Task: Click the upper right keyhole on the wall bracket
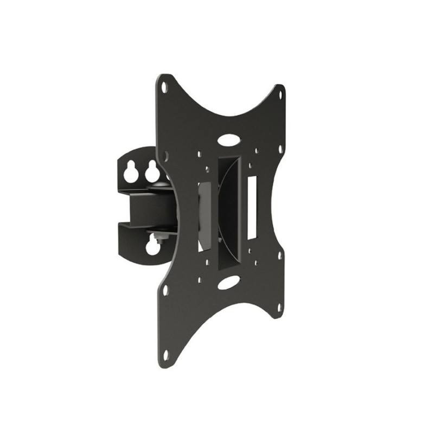pyautogui.click(x=151, y=173)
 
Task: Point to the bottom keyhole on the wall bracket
pyautogui.click(x=153, y=247)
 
